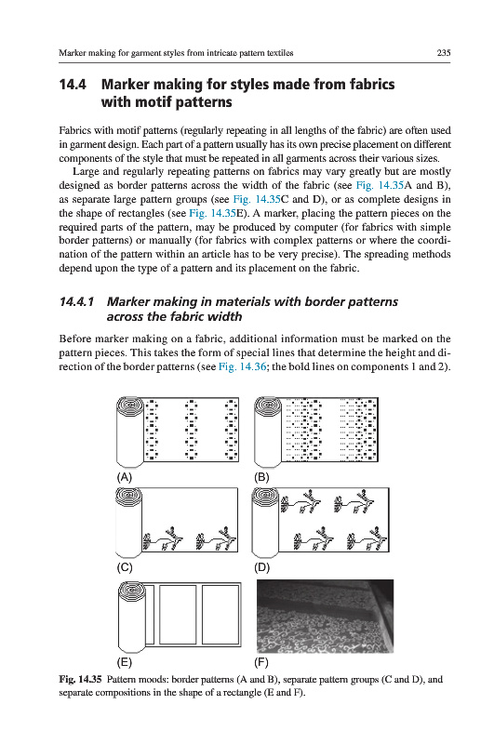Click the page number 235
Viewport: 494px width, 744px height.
pyautogui.click(x=443, y=53)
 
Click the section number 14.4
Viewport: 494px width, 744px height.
pyautogui.click(x=73, y=85)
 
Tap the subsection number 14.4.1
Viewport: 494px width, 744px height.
pyautogui.click(x=77, y=301)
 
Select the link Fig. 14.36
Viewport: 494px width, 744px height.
pyautogui.click(x=242, y=366)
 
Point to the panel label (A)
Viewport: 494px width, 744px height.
pyautogui.click(x=125, y=477)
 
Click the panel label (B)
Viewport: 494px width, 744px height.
pyautogui.click(x=261, y=477)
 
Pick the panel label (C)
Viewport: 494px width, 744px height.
pyautogui.click(x=125, y=567)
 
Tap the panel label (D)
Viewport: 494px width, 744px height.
pyautogui.click(x=261, y=567)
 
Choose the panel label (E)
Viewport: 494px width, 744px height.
pyautogui.click(x=125, y=662)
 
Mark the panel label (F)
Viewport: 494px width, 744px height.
pyautogui.click(x=261, y=662)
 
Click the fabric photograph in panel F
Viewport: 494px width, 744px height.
pyautogui.click(x=325, y=617)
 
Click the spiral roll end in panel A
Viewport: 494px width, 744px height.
pyautogui.click(x=130, y=408)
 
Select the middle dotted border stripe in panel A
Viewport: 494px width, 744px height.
pyautogui.click(x=192, y=430)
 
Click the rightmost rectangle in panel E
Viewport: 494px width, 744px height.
pyautogui.click(x=220, y=615)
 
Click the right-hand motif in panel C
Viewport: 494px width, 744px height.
pyautogui.click(x=216, y=539)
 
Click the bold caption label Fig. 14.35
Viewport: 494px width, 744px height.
pyautogui.click(x=80, y=680)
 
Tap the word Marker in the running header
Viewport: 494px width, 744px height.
pyautogui.click(x=70, y=53)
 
